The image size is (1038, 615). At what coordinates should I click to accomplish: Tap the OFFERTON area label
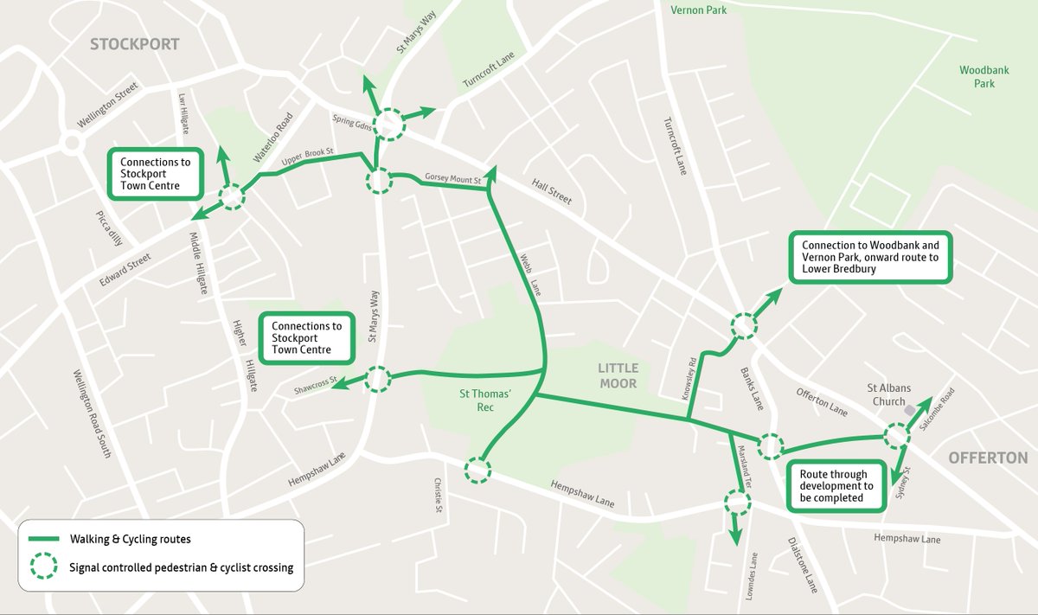(x=987, y=458)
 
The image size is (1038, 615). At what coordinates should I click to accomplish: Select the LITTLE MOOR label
(x=617, y=376)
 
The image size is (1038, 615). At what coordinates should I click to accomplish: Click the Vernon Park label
(x=699, y=10)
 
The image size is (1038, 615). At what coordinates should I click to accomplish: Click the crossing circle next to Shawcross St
(x=378, y=379)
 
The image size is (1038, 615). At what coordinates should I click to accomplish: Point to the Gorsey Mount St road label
(x=452, y=178)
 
